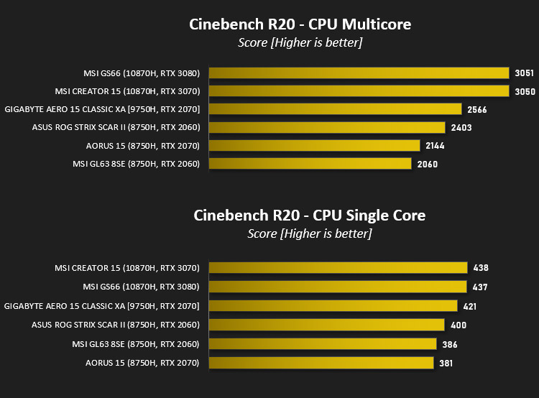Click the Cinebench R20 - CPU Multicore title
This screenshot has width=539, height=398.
click(300, 24)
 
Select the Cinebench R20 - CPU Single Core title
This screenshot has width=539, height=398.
click(309, 216)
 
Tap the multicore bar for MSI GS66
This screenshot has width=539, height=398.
click(359, 73)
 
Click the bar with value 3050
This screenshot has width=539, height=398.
click(359, 91)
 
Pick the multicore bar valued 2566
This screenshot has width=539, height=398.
click(335, 109)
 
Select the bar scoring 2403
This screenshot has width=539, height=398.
click(327, 127)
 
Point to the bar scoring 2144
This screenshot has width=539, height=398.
click(315, 145)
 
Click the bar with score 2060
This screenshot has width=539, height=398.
click(310, 164)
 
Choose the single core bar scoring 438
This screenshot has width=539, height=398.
click(338, 268)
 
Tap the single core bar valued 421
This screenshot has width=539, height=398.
click(333, 306)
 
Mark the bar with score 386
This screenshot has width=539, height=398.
click(323, 344)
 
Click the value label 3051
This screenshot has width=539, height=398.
click(524, 73)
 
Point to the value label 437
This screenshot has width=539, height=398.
click(480, 287)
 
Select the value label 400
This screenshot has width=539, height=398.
click(459, 325)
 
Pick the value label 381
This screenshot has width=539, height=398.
click(446, 364)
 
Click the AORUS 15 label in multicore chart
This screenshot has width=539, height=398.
click(143, 146)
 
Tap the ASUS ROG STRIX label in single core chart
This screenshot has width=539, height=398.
click(116, 325)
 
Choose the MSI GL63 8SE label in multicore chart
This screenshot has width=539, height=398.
click(136, 164)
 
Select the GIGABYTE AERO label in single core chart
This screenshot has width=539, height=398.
click(102, 306)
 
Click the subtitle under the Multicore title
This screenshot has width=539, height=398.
click(300, 42)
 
